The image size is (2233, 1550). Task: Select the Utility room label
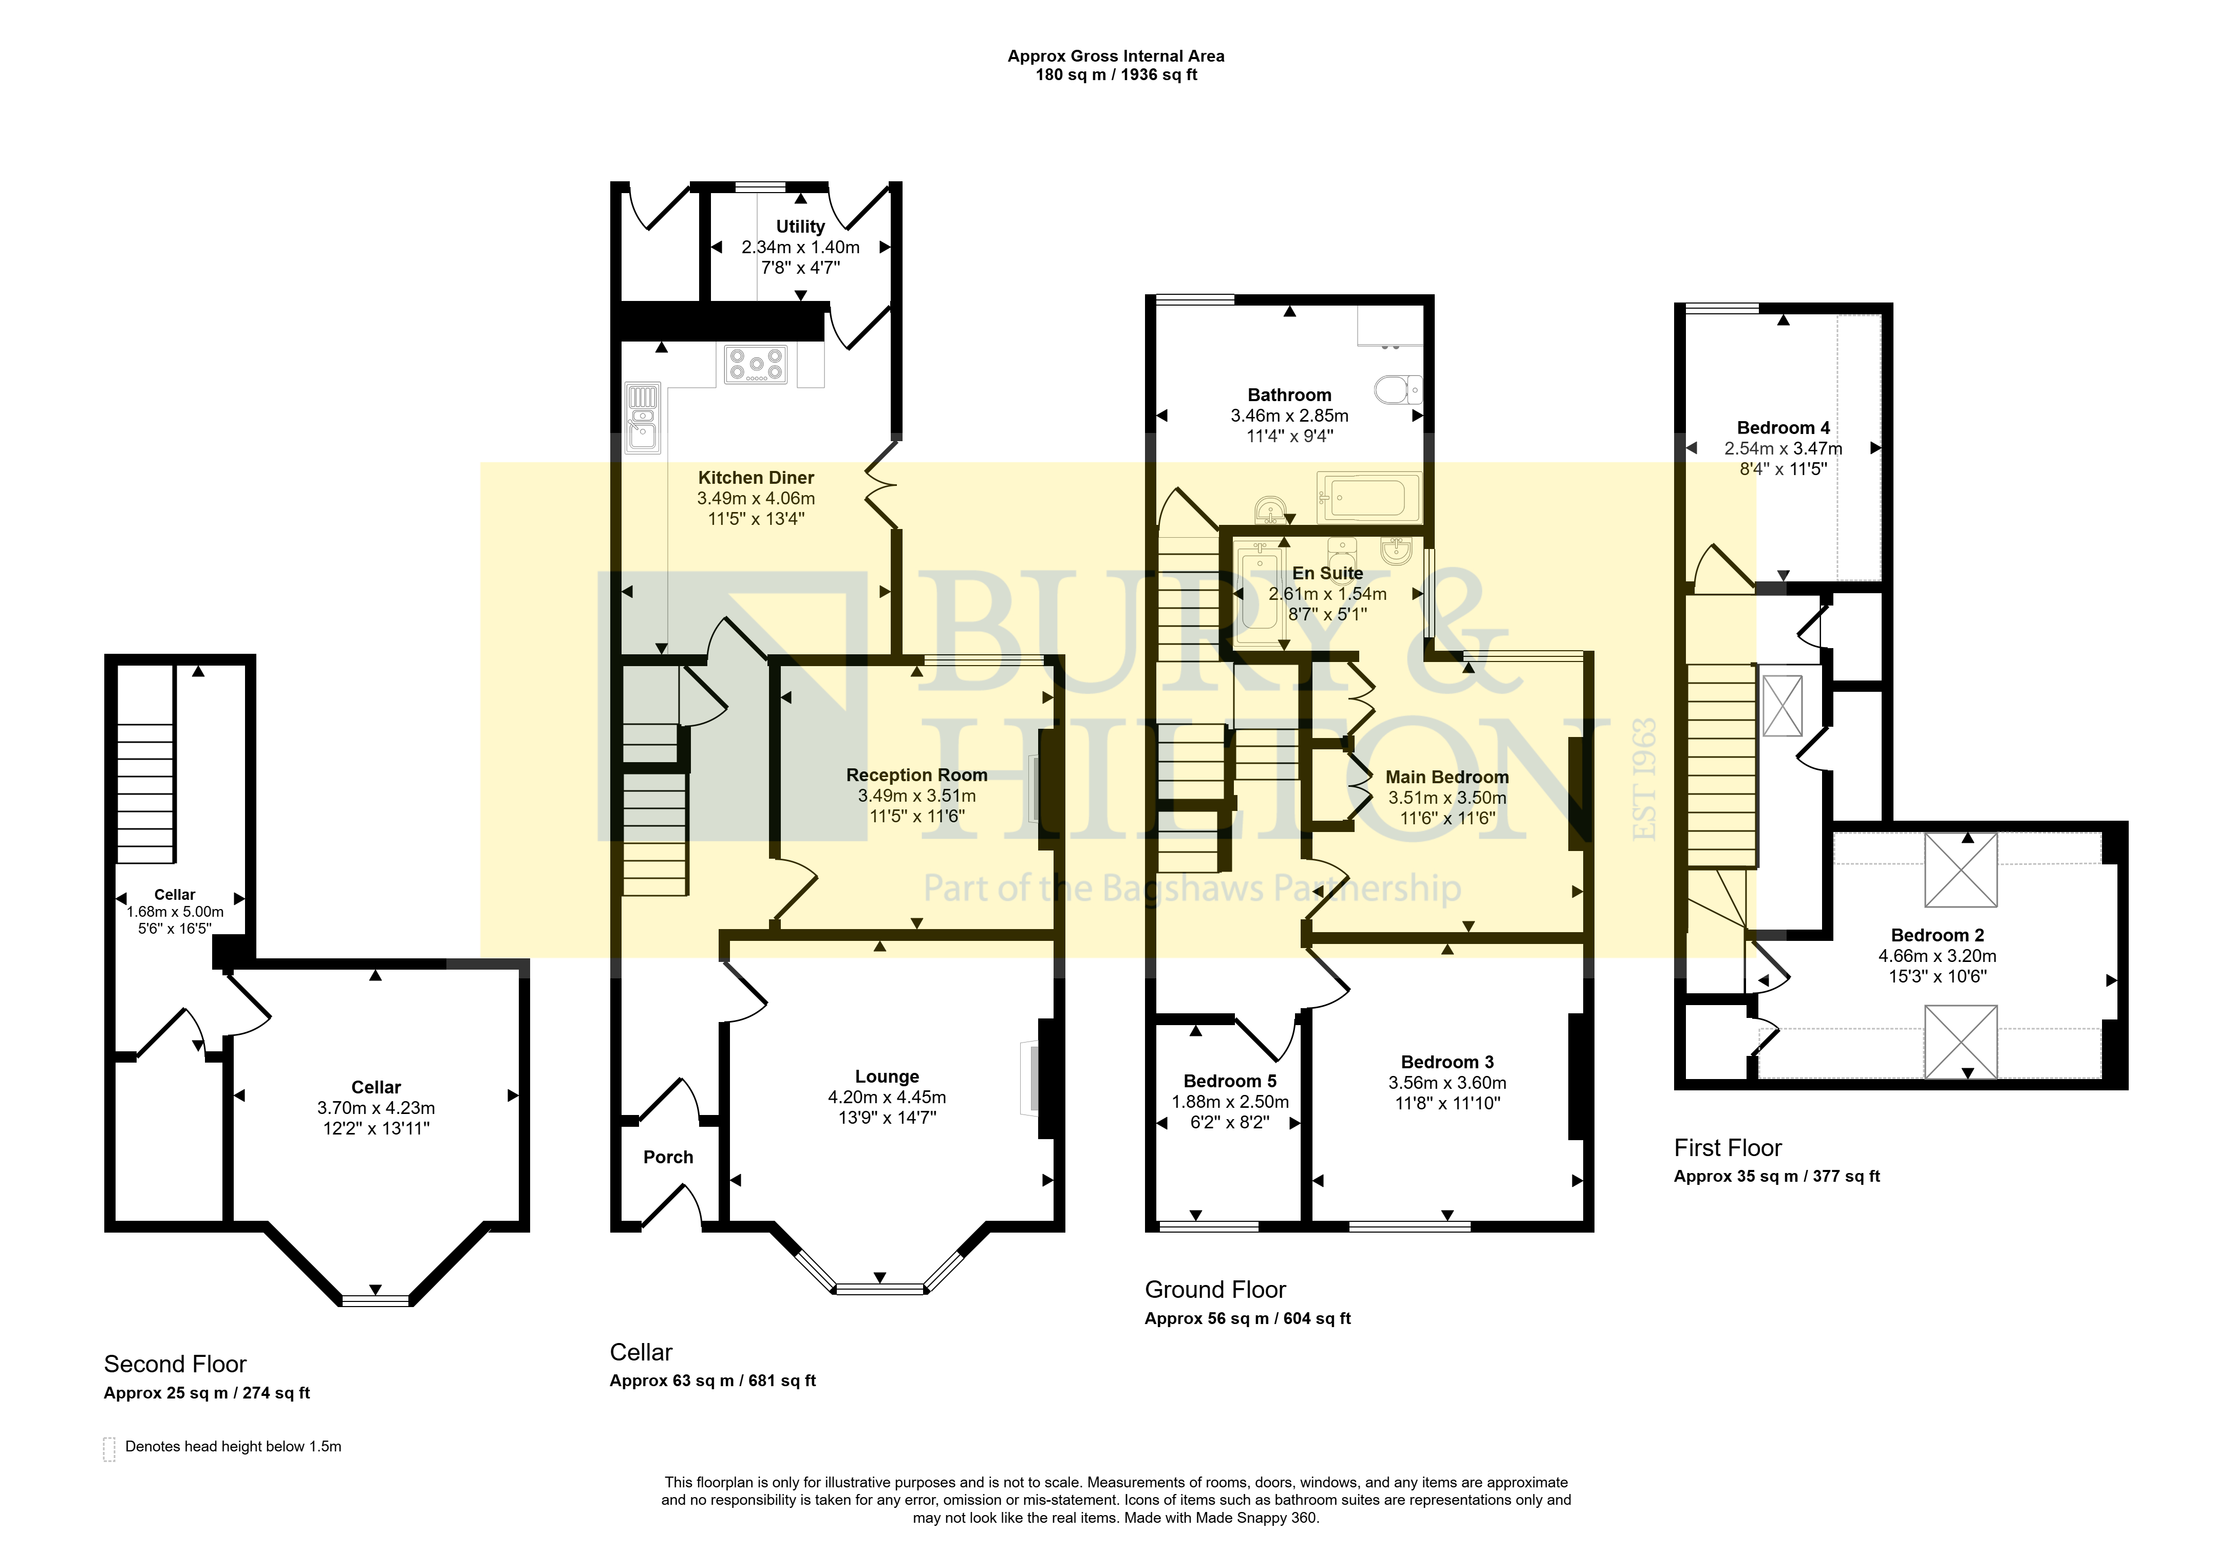800,226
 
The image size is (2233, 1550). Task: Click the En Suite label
1328,573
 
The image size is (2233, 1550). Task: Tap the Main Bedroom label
1447,777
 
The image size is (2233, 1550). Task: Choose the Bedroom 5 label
1230,1081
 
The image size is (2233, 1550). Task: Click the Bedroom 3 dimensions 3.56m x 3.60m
1447,1083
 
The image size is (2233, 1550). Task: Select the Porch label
668,1157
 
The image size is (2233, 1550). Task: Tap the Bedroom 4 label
1784,427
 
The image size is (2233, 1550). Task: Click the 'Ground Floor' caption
1215,1290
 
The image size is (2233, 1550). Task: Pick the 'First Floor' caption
1728,1148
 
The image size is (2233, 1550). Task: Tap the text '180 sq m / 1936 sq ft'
1116,75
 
